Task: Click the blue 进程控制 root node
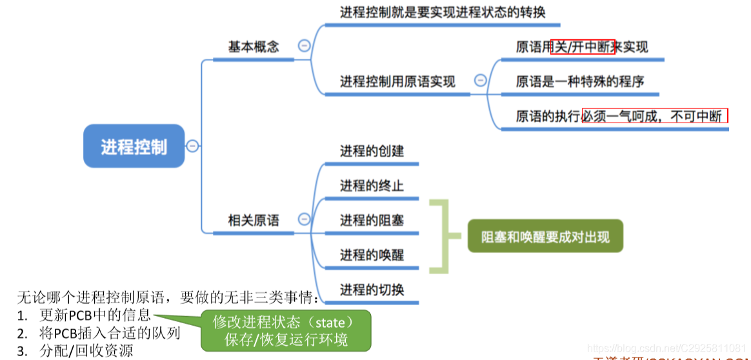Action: (134, 146)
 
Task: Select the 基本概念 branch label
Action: (254, 47)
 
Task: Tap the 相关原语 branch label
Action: (254, 220)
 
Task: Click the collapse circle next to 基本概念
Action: (303, 46)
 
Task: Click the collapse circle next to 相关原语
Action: (303, 219)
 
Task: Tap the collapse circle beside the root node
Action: (192, 146)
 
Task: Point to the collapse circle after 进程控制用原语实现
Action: (480, 81)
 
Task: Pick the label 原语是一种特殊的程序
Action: (579, 81)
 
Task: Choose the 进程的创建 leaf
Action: (372, 151)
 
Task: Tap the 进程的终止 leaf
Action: (372, 186)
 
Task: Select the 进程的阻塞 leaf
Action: (372, 220)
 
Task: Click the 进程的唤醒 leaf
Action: (372, 255)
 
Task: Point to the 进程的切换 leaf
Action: (372, 290)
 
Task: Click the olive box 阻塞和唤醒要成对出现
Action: (545, 237)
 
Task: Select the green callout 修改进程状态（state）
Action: (285, 321)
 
